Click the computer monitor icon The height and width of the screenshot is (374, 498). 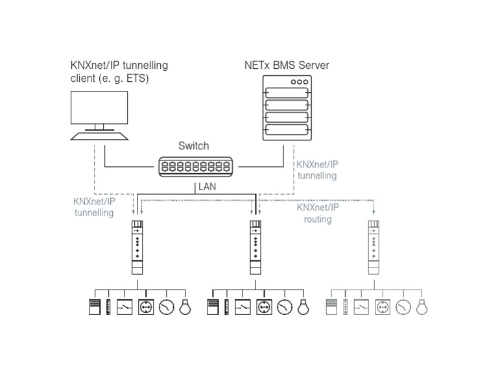99,108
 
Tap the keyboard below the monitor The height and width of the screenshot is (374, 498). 99,136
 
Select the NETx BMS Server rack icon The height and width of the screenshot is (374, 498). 287,108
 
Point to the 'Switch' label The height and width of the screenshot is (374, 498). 193,147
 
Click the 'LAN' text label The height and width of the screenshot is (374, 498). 207,187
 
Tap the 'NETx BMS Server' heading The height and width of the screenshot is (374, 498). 287,66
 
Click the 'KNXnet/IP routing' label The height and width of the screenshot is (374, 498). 318,213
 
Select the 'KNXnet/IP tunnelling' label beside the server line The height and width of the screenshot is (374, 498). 317,169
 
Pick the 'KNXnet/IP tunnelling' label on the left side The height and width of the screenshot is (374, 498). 95,207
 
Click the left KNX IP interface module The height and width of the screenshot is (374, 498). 137,247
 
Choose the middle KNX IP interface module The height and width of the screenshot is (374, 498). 255,247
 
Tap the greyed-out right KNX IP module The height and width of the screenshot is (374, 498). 373,247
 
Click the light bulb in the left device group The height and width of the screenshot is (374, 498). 186,306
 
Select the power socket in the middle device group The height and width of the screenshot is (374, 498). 263,306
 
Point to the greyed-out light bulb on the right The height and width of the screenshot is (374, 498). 422,306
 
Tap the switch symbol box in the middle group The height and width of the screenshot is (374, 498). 243,306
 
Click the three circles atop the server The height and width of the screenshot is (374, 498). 299,82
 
